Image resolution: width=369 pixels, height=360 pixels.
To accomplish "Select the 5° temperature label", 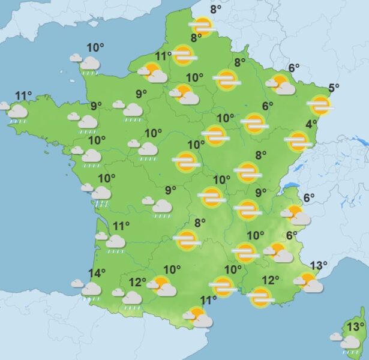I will [x=334, y=88].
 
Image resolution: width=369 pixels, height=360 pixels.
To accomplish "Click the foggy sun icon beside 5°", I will [x=320, y=106].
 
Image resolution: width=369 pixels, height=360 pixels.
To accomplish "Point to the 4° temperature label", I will [x=311, y=124].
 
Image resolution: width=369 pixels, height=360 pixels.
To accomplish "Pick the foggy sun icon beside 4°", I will [x=298, y=142].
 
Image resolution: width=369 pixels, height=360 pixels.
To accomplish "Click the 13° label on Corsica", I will [x=356, y=326].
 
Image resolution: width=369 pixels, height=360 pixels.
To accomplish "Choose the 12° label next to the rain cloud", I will [x=137, y=282].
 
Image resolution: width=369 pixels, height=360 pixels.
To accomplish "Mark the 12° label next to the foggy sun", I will [x=271, y=280].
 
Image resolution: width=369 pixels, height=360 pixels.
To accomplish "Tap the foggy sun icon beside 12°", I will [x=260, y=296].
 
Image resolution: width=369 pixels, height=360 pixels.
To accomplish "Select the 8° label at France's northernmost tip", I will [x=215, y=9].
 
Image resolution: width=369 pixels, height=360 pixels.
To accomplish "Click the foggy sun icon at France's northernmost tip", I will [x=202, y=26].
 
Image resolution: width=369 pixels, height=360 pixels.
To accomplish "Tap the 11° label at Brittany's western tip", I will [x=23, y=95].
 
